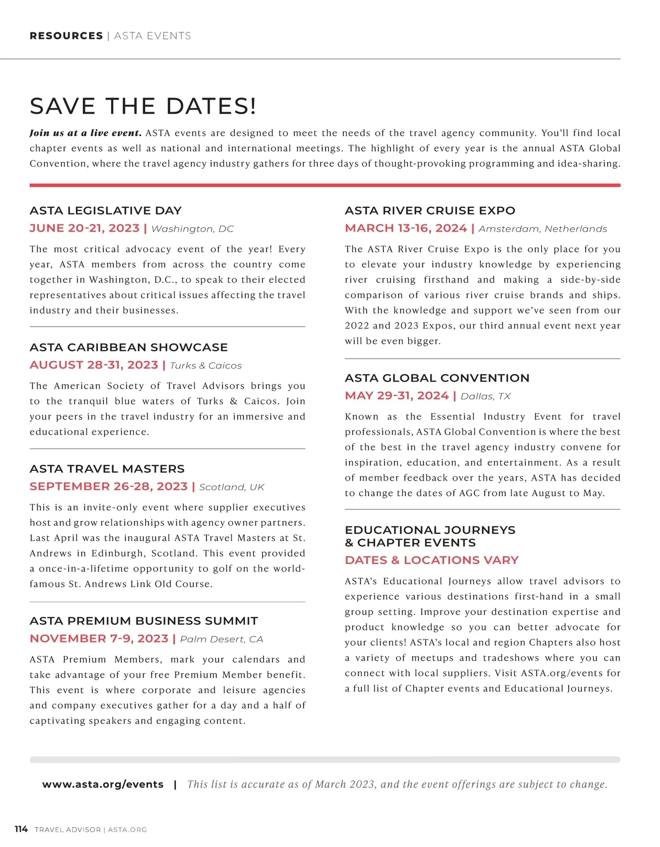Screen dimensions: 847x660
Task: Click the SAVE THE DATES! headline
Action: coord(143,106)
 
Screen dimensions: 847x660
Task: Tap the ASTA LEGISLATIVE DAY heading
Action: coord(106,211)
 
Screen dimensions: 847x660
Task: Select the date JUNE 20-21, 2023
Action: coord(85,228)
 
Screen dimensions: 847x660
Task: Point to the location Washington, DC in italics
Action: coord(193,229)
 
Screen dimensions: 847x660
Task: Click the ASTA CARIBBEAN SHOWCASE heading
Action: coord(129,348)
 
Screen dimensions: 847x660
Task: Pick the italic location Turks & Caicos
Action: coord(206,366)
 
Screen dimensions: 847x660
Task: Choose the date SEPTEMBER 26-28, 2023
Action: coord(109,487)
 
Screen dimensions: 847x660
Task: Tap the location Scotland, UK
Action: coord(232,487)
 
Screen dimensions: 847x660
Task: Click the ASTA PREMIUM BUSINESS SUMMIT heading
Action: coord(144,621)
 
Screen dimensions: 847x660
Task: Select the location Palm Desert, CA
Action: coord(222,639)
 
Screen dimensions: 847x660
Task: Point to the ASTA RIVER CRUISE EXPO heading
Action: coord(430,211)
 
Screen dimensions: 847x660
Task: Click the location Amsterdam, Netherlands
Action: coord(543,229)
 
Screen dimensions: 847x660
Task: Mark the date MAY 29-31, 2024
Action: coord(397,396)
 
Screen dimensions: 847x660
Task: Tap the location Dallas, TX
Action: coord(486,397)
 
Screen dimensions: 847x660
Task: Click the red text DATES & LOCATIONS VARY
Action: coord(432,560)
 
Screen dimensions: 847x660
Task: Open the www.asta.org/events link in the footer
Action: coord(103,784)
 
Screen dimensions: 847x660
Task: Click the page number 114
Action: coord(21,829)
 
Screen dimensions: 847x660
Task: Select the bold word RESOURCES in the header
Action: coord(66,36)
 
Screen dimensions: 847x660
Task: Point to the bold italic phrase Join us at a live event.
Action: coord(86,133)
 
